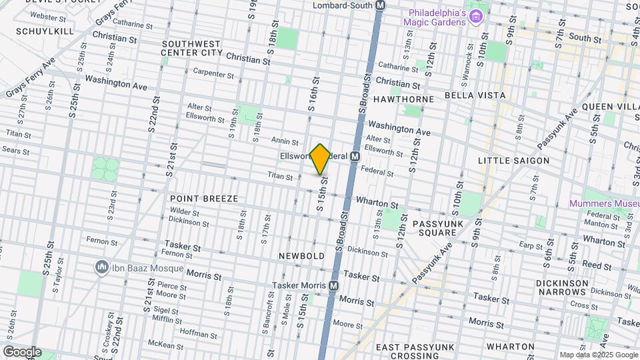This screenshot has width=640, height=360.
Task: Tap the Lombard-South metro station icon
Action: (381, 5)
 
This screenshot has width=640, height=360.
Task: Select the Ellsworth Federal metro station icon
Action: (355, 156)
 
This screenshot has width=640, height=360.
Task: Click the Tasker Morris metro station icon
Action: (333, 285)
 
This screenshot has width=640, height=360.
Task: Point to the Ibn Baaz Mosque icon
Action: (102, 268)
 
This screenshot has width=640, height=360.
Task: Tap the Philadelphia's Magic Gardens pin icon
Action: (475, 16)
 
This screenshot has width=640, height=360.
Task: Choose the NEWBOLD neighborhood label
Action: (302, 256)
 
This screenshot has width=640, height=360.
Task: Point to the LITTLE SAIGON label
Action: (513, 161)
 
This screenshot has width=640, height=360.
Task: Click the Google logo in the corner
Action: (22, 352)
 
